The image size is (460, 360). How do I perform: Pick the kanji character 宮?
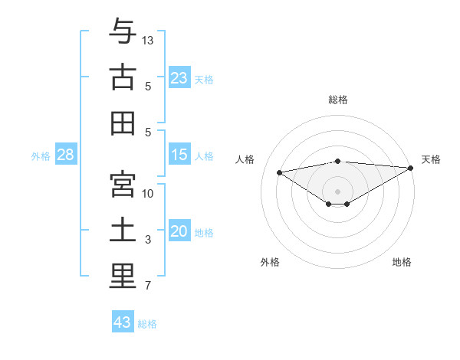(x=123, y=184)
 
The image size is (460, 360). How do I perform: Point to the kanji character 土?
(x=123, y=231)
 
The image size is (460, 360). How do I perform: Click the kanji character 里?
(x=123, y=277)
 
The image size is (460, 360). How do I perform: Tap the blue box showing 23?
(x=179, y=78)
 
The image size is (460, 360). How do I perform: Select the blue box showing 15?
(x=179, y=155)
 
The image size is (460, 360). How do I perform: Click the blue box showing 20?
(x=179, y=232)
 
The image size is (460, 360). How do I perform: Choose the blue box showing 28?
(x=66, y=155)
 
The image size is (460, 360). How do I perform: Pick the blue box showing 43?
(x=123, y=322)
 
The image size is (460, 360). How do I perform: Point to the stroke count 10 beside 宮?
(x=148, y=193)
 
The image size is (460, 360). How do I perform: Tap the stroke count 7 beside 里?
(x=148, y=286)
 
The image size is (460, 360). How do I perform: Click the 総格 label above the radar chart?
(x=338, y=100)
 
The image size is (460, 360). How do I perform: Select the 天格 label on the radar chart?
(x=432, y=159)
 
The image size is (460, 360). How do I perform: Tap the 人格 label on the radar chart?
(x=245, y=159)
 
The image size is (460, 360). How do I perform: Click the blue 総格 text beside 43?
(x=147, y=324)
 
